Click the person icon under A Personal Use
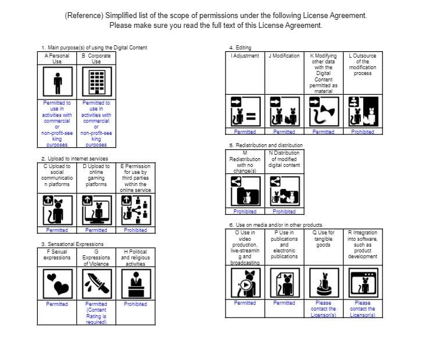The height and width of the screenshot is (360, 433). coord(57,83)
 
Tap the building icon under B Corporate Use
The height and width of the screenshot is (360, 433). coord(96,83)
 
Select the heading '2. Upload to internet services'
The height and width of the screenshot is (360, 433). coord(74,159)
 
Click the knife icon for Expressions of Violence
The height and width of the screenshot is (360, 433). coord(96,283)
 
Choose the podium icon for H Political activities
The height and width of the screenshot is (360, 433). coord(135,283)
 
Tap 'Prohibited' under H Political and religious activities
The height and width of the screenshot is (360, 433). coord(135,304)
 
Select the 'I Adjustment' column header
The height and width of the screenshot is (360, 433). coord(245,56)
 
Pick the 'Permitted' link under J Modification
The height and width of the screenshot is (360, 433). coord(284,132)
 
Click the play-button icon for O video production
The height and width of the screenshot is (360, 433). coord(245,283)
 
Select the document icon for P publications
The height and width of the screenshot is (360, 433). coord(284,283)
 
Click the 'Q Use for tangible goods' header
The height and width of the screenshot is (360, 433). coord(324,239)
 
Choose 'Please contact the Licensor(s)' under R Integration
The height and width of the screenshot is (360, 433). coord(363,309)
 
